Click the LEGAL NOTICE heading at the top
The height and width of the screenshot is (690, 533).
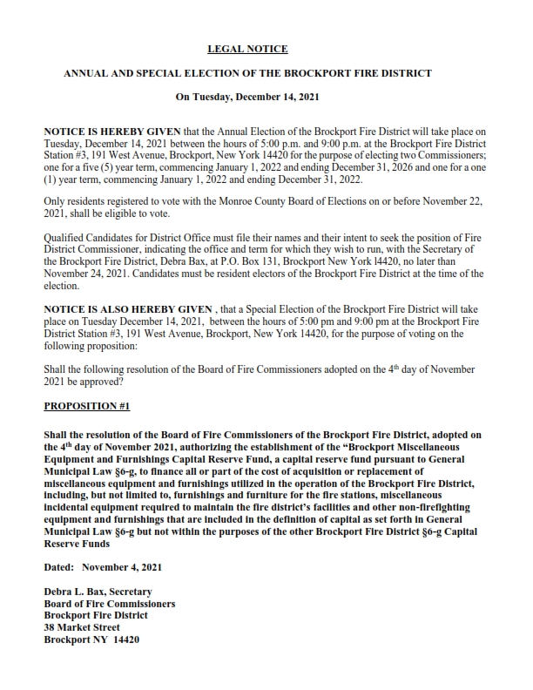(247, 50)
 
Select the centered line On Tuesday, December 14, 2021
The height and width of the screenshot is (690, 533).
(247, 98)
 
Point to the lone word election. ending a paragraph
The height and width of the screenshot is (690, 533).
(61, 286)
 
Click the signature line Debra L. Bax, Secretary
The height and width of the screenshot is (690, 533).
(98, 592)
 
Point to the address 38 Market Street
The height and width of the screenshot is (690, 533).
(82, 627)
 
